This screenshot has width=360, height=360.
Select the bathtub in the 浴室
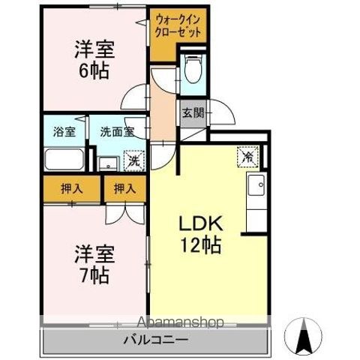[65, 160]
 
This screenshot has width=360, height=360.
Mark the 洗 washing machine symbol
[133, 160]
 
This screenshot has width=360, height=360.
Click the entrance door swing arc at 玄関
[222, 118]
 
